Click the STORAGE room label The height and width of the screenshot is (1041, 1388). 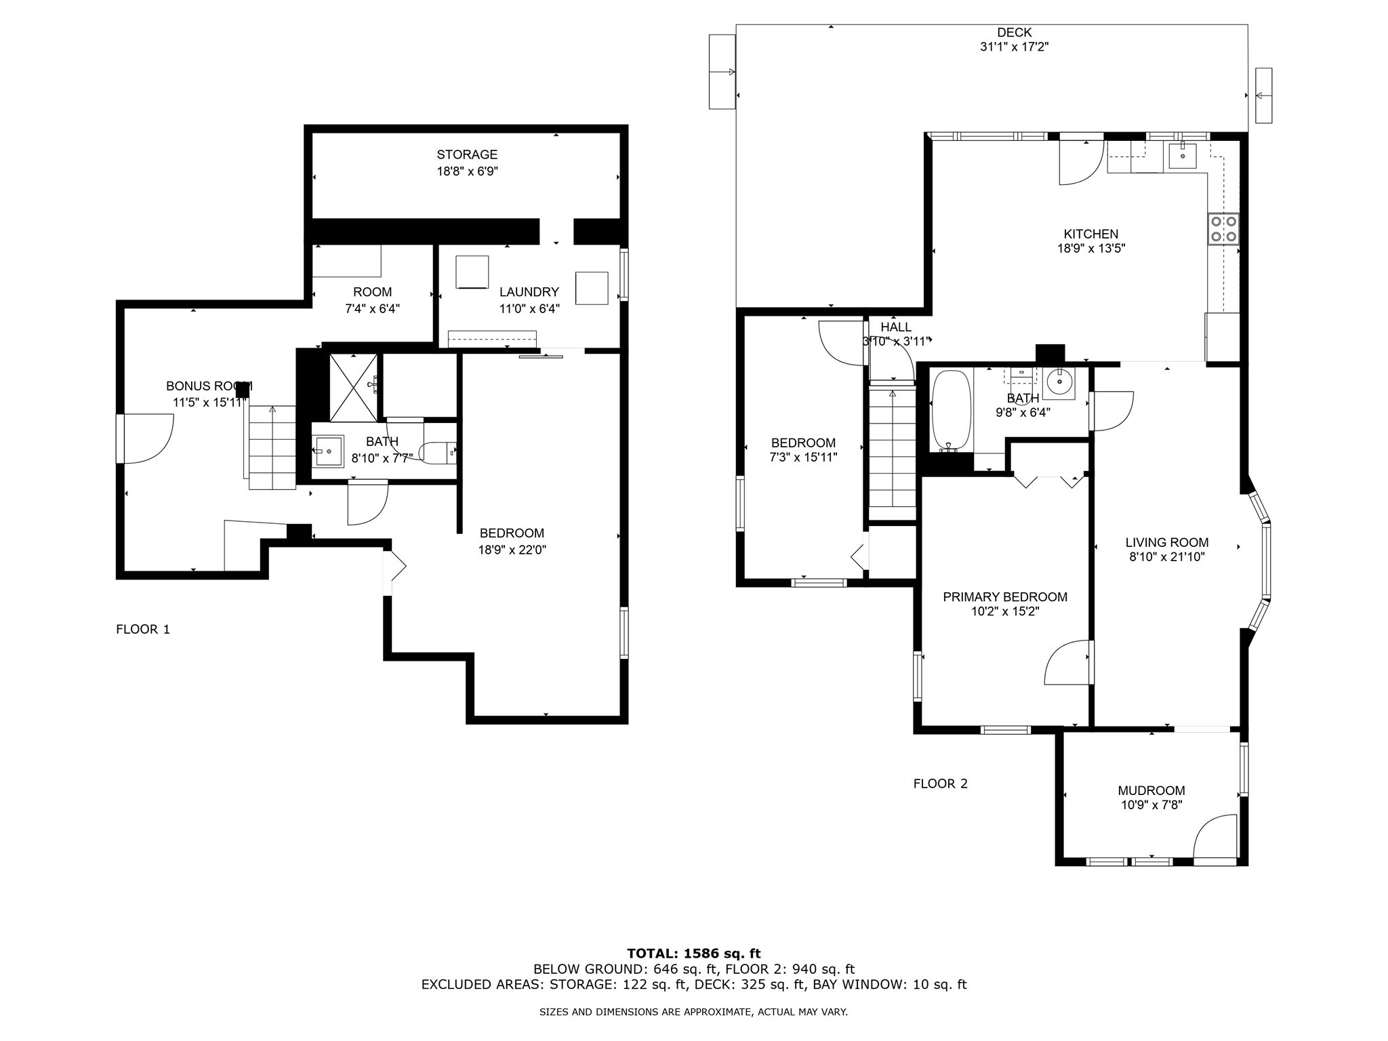coord(467,155)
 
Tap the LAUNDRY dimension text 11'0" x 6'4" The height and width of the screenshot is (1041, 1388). coord(529,308)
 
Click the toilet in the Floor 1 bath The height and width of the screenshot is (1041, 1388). coord(438,453)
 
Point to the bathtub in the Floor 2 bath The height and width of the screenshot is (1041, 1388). coord(952,410)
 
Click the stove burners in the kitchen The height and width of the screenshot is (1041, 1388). coord(1223,228)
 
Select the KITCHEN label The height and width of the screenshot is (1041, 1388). coord(1091,234)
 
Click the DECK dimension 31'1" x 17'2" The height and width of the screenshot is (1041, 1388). coord(1015,47)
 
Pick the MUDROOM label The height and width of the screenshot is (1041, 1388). coord(1151,790)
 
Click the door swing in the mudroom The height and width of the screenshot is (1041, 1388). coord(1215,837)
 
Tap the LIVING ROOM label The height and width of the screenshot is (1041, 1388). coord(1167,542)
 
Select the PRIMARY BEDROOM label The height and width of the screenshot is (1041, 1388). coord(1005,596)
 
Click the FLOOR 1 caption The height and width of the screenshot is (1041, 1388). coord(143,629)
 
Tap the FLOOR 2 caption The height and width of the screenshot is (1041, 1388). coord(941,783)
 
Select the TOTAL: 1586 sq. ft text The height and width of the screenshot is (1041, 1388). coord(694,954)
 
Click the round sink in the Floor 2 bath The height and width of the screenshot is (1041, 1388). coord(1058,383)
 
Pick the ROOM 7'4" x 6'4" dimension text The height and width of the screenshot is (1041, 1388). coord(373,308)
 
